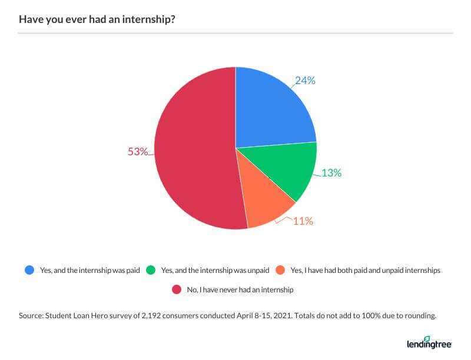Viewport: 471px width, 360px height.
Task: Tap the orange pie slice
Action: (x=265, y=203)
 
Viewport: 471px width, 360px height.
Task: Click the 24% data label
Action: (x=305, y=81)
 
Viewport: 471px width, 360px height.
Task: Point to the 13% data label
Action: (x=331, y=173)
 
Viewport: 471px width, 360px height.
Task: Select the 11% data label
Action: (x=303, y=221)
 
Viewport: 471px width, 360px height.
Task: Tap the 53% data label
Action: (x=138, y=152)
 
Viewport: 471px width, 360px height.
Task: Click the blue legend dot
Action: (x=29, y=271)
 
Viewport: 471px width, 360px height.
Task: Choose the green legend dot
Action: (x=150, y=271)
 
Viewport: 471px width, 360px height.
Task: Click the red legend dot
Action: (x=175, y=289)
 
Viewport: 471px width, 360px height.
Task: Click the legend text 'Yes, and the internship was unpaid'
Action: (x=215, y=271)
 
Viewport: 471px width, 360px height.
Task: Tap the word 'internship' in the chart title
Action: (x=149, y=19)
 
